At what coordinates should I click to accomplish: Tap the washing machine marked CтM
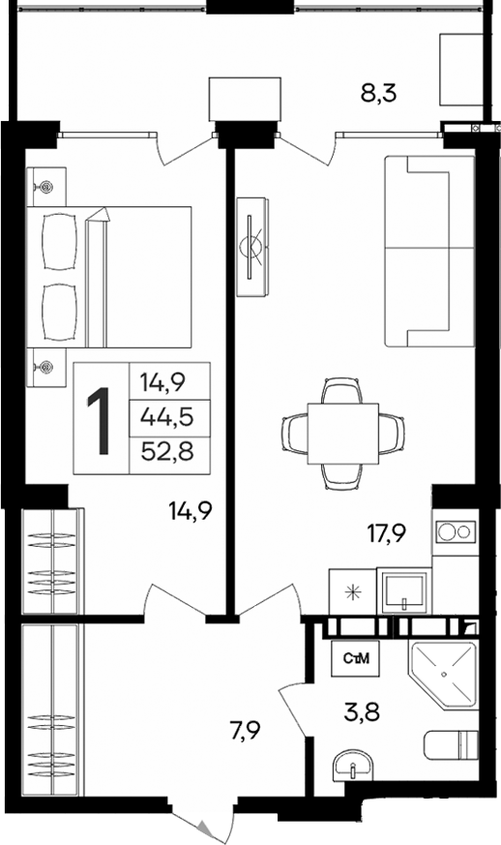(x=354, y=660)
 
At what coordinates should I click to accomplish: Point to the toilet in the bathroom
(x=453, y=745)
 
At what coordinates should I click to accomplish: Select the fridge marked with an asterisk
(x=350, y=590)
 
